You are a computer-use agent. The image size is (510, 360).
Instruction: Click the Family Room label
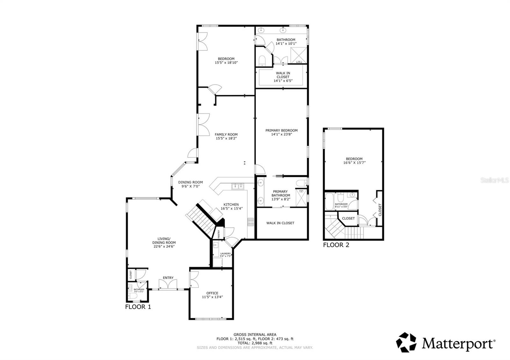(226, 134)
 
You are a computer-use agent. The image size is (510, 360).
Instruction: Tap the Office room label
(212, 293)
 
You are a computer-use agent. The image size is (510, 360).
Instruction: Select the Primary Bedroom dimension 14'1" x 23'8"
(281, 134)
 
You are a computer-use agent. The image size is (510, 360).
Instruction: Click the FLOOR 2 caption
(336, 245)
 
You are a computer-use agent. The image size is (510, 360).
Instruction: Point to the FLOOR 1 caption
(138, 307)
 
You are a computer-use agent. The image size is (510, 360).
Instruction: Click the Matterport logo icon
(406, 342)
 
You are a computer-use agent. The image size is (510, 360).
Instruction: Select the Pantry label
(219, 234)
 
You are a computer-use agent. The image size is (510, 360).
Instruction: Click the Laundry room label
(225, 254)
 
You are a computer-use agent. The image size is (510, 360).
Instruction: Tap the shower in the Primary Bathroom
(301, 198)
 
